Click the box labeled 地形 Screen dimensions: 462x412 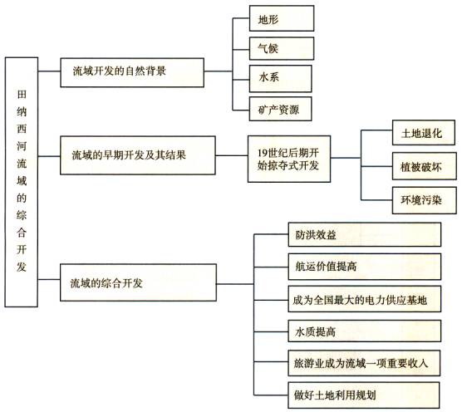282,18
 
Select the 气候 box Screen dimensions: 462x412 282,48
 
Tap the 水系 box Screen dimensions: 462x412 280,79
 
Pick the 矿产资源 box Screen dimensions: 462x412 280,109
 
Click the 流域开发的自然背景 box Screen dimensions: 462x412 132,72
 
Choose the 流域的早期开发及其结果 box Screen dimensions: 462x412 138,155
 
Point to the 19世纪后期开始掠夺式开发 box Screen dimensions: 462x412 289,159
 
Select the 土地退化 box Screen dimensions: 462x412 424,133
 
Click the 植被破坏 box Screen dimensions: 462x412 424,166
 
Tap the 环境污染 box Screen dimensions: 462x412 424,200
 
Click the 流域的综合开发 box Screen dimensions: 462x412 138,282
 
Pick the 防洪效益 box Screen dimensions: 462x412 365,234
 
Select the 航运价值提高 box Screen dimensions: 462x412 365,267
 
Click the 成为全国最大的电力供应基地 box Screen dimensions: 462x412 365,299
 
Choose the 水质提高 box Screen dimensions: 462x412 365,331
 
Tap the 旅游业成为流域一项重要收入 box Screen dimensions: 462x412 364,363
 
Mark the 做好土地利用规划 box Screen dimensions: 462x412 364,395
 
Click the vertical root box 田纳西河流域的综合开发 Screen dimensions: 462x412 22,182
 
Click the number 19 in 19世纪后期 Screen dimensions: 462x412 263,153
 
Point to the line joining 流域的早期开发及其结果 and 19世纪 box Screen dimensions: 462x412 232,155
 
